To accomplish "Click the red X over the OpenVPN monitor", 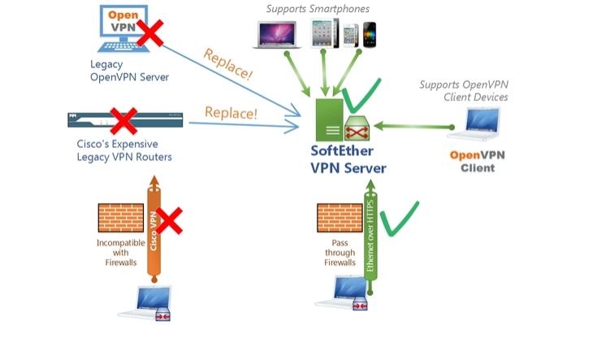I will pyautogui.click(x=149, y=34).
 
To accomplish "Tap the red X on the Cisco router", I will pyautogui.click(x=122, y=122).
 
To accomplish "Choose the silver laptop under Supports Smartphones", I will pyautogui.click(x=279, y=35).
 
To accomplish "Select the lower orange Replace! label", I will pyautogui.click(x=231, y=111).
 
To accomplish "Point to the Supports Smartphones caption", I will pyautogui.click(x=318, y=9).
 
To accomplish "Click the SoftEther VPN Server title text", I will pyautogui.click(x=348, y=159).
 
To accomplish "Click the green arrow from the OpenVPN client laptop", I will pyautogui.click(x=414, y=126).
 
